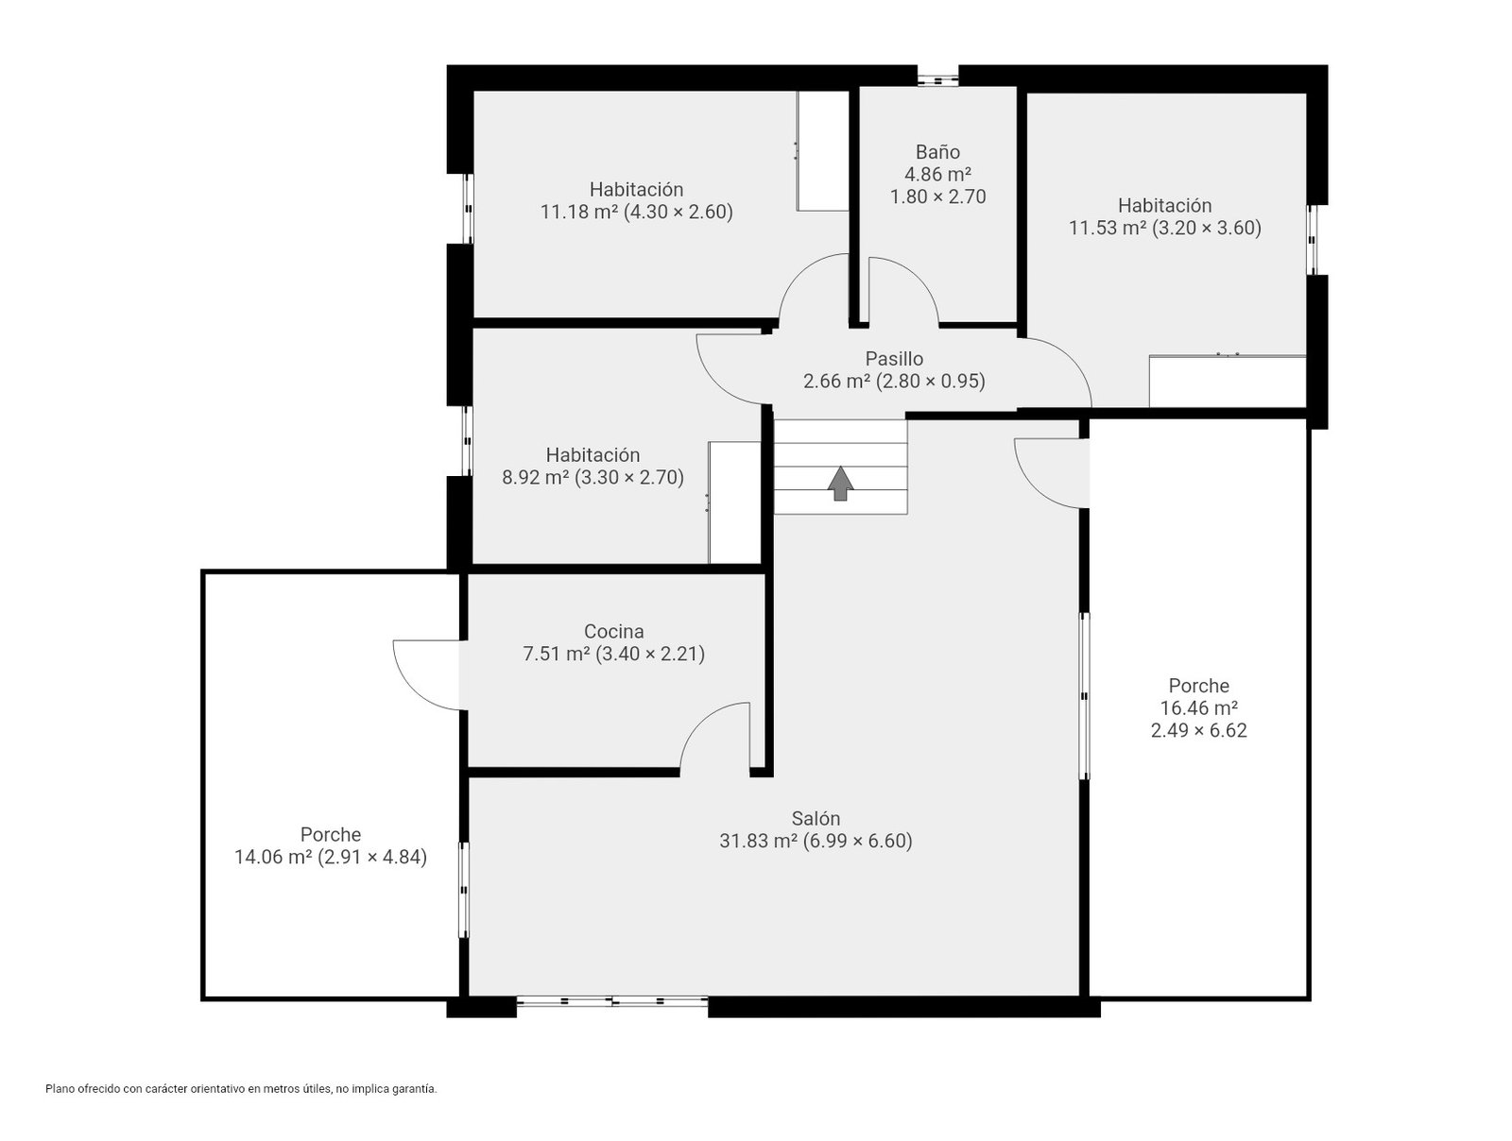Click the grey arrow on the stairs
click(840, 483)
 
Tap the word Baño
click(937, 151)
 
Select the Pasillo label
click(894, 359)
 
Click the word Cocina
click(613, 631)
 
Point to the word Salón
click(816, 818)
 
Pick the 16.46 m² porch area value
click(1198, 707)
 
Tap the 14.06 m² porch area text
click(273, 857)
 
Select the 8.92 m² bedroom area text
click(535, 477)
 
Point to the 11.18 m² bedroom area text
click(578, 212)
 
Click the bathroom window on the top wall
click(937, 80)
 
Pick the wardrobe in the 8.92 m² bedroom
click(734, 502)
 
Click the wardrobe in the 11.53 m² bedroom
click(1227, 381)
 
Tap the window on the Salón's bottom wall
click(611, 1001)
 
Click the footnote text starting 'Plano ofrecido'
click(241, 1089)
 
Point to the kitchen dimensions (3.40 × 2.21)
click(650, 654)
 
